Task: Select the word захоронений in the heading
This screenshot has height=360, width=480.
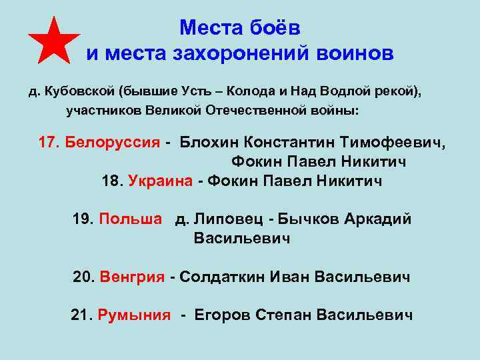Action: [x=242, y=53]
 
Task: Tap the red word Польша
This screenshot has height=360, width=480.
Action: [x=130, y=219]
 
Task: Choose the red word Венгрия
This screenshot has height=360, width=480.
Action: [x=132, y=277]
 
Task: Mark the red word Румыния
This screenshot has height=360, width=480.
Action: [x=134, y=315]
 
